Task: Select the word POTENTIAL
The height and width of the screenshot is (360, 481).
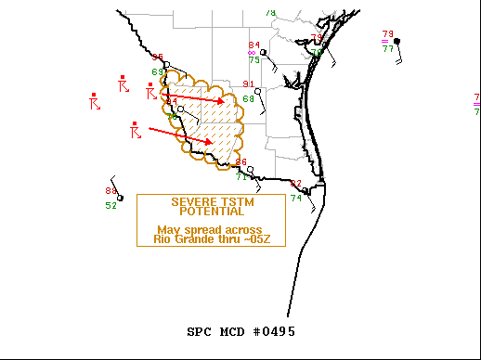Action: (211, 211)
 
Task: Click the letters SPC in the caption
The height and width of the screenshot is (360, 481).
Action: (201, 331)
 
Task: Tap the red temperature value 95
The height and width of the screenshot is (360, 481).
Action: (158, 58)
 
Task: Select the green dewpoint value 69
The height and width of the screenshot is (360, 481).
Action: (157, 71)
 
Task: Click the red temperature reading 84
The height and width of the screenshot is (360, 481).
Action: (253, 45)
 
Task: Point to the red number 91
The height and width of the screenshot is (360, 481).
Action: (248, 84)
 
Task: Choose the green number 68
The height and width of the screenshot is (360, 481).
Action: (248, 98)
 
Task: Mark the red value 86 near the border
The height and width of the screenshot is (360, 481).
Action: (240, 162)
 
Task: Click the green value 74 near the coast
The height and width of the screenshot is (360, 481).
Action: (295, 198)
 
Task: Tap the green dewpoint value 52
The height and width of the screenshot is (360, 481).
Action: (110, 205)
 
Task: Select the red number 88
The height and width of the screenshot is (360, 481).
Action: (110, 191)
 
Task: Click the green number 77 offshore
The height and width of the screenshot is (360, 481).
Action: (388, 48)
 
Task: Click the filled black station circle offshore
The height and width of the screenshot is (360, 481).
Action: (396, 41)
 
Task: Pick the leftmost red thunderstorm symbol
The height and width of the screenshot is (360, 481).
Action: (94, 101)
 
